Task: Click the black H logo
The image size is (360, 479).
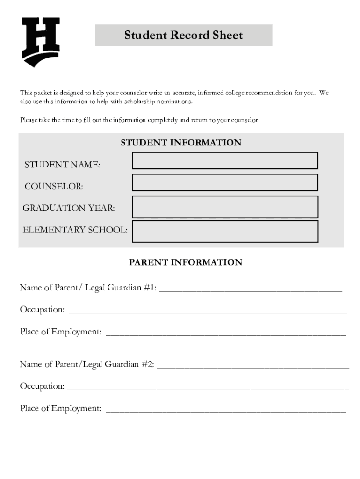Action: pos(41,41)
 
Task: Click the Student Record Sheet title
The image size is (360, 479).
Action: pos(183,36)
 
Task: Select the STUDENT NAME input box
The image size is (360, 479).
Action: pos(225,160)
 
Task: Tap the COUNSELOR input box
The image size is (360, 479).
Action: pos(225,182)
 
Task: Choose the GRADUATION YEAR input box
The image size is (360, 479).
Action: pos(225,207)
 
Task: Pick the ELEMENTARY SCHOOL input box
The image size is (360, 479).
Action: pos(225,231)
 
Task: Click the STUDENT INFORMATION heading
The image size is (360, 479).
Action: pos(181,143)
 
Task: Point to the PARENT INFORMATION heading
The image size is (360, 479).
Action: pos(185,262)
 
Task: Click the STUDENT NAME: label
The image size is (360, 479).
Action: pos(62,165)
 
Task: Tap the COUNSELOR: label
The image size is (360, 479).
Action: pos(54,187)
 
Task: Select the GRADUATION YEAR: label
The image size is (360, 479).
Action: pos(69,208)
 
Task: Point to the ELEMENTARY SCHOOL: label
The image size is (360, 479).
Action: pos(75,230)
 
